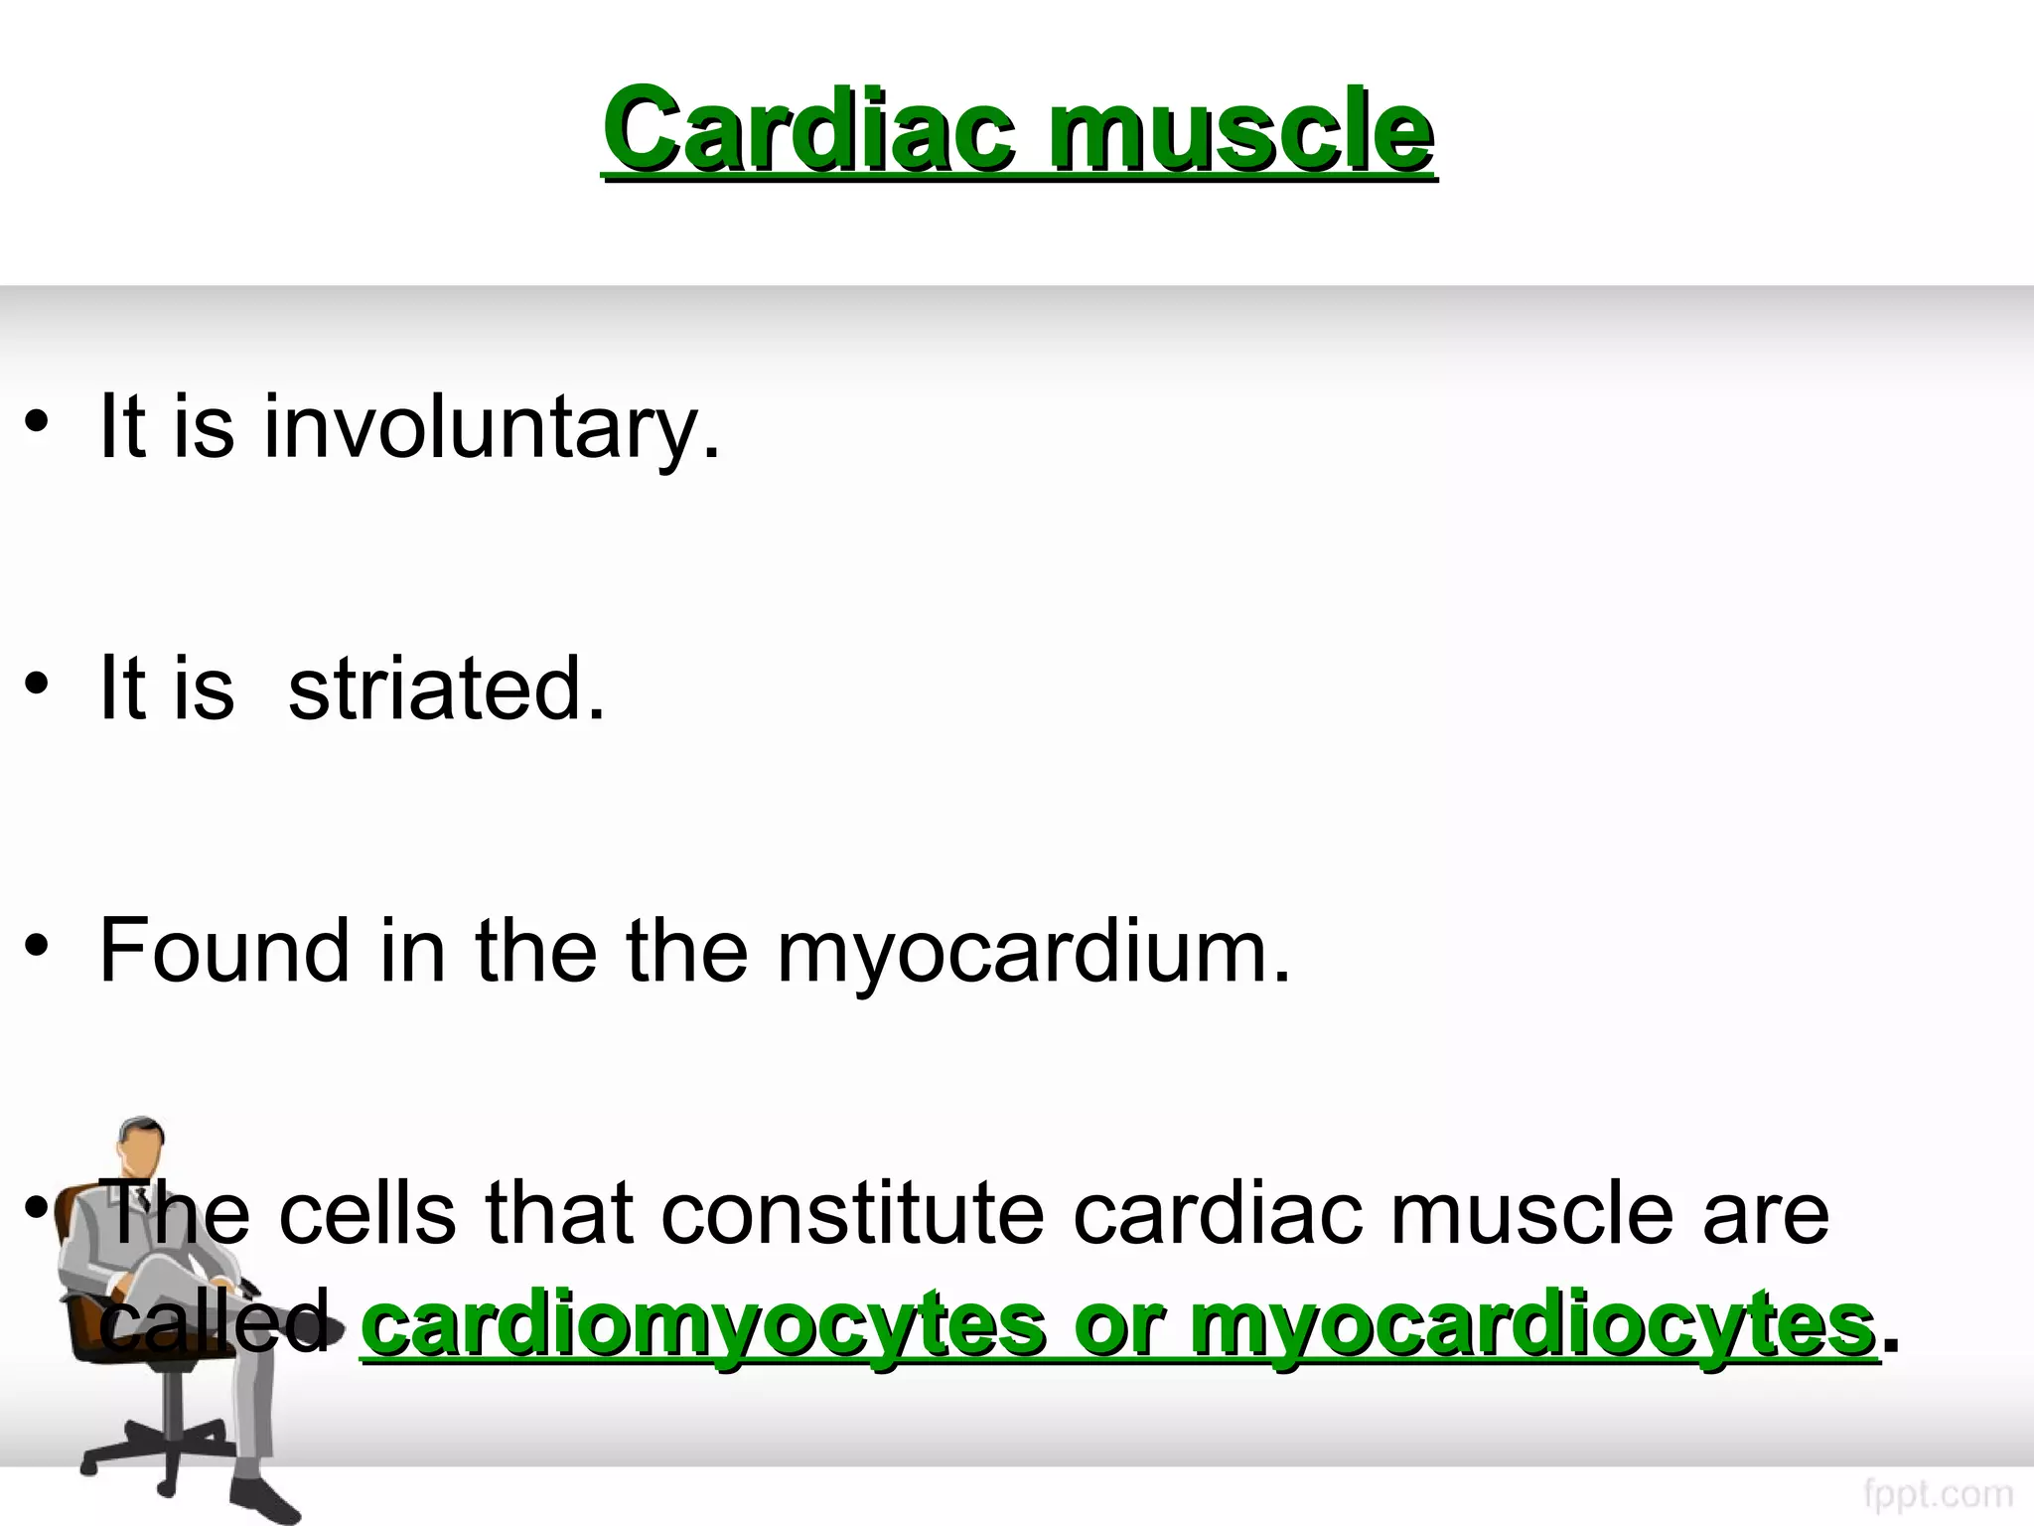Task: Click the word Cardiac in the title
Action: click(x=809, y=130)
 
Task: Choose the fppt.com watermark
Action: click(x=1937, y=1493)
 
